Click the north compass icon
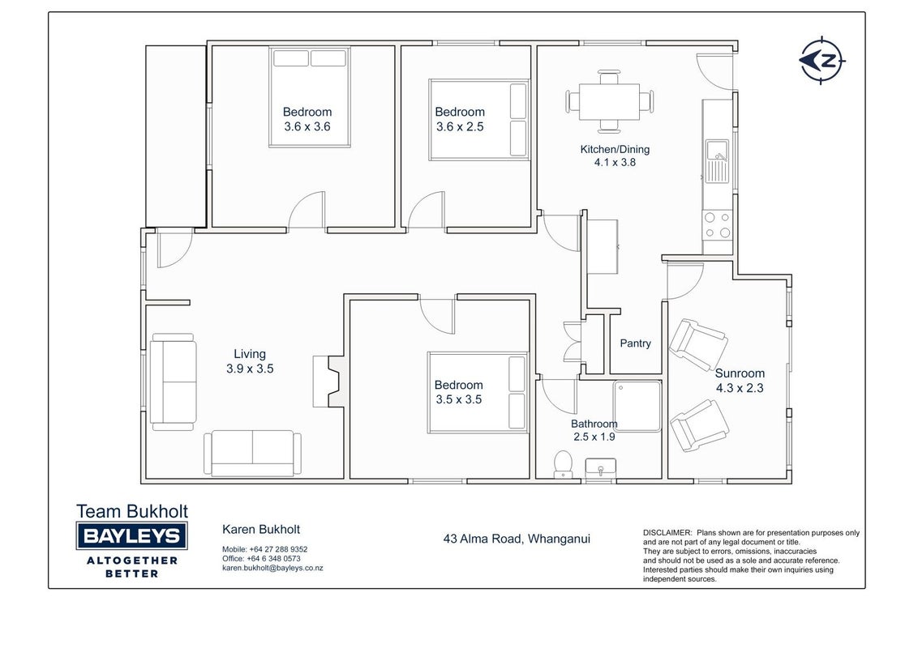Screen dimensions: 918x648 (x=822, y=60)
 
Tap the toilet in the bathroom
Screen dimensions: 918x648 (x=563, y=464)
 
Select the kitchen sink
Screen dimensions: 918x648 (x=717, y=161)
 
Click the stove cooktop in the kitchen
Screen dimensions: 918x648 (x=717, y=224)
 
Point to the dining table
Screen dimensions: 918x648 (x=609, y=102)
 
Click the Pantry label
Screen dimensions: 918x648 (x=635, y=343)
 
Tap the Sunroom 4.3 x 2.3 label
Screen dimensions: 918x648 (x=740, y=380)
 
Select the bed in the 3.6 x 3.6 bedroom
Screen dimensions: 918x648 (x=310, y=97)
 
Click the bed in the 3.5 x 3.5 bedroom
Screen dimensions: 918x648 (x=478, y=392)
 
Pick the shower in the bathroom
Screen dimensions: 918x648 (x=637, y=407)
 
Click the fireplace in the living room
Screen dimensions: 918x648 (x=329, y=382)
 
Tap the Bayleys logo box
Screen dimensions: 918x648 (x=131, y=535)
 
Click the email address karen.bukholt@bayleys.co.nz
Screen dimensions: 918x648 (x=272, y=568)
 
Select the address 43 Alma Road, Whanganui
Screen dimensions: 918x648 (x=517, y=539)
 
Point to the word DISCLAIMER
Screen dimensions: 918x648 (x=667, y=533)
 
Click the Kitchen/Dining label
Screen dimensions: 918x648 (x=615, y=149)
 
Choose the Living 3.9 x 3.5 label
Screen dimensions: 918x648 (x=250, y=360)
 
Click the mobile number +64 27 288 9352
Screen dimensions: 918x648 (x=278, y=549)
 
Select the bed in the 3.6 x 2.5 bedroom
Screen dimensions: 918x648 (x=479, y=120)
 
